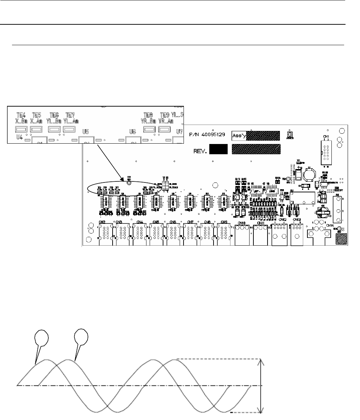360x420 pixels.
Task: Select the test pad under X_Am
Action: (37, 130)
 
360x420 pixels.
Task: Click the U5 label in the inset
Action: (85, 132)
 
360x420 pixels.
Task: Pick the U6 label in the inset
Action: (133, 132)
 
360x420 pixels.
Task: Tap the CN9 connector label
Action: (224, 222)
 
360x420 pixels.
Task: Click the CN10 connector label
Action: (241, 223)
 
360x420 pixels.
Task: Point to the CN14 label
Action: (330, 225)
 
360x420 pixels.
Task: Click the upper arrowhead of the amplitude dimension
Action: (260, 362)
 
